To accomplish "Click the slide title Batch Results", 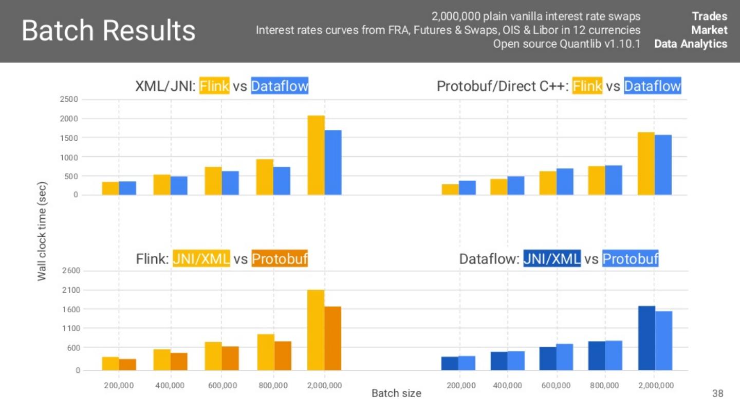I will (x=108, y=31).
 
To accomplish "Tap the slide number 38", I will (x=718, y=394).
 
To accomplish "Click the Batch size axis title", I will (x=396, y=393).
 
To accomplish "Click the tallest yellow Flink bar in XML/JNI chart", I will (x=316, y=155).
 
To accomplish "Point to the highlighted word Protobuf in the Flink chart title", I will (x=280, y=259).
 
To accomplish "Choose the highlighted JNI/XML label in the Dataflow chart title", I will (x=552, y=259).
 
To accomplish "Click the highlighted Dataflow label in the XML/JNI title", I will (x=280, y=86).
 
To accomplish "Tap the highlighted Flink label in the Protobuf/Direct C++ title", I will (x=587, y=86).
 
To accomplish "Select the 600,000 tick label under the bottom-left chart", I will (x=222, y=385).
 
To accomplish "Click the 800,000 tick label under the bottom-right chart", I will (x=605, y=385).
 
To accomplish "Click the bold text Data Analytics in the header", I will (x=691, y=44).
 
